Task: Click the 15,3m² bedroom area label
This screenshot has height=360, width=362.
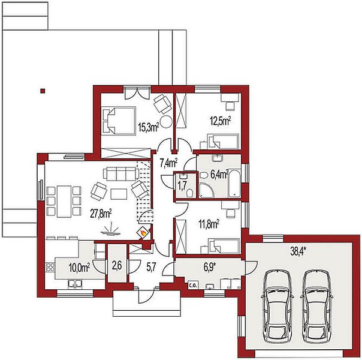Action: coord(148,127)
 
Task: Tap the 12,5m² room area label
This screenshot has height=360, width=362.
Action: coord(221,121)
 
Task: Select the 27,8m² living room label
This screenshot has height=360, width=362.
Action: coord(101,214)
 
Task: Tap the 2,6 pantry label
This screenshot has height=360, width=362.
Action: coord(117,266)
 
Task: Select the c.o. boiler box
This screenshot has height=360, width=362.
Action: coord(193,286)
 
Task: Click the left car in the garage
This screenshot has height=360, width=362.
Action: coord(277,307)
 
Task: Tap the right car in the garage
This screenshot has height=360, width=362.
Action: coord(316,307)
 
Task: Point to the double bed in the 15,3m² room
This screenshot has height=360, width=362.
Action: coord(119,121)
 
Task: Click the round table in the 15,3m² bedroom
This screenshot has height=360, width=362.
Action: coord(166,121)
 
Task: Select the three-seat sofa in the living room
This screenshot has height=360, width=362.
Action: coord(121,174)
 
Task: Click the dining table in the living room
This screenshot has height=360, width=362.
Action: coord(64,201)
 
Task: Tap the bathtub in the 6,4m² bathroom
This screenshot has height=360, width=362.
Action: coord(234,184)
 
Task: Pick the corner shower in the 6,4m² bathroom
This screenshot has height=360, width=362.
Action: coord(207,190)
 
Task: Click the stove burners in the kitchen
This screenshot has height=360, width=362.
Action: coord(50,268)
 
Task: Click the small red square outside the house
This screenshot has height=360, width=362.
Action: coord(43,91)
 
